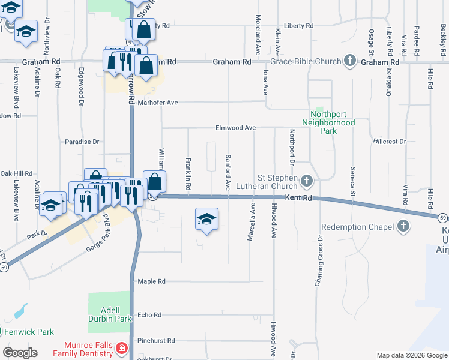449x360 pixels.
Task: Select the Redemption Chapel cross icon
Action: (x=403, y=227)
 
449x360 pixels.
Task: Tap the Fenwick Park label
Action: (x=29, y=332)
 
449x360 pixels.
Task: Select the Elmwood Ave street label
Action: (x=236, y=128)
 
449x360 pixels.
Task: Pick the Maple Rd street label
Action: (x=151, y=281)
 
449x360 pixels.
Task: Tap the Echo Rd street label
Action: (x=149, y=315)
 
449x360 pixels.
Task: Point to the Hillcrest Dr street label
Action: (x=389, y=142)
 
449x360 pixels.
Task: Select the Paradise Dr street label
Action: (x=82, y=142)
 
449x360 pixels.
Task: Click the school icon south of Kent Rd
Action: (x=206, y=219)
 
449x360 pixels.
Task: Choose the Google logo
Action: (x=19, y=353)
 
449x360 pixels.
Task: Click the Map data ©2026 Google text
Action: (x=411, y=355)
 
